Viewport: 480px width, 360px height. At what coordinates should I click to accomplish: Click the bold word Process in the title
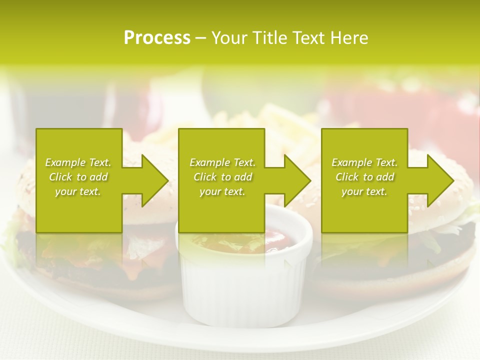coord(157,38)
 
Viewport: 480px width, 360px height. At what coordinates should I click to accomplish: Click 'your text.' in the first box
coord(78,191)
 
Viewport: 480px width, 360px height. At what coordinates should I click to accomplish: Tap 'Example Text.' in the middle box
coord(222,162)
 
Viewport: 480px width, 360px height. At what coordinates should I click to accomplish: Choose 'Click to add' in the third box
coord(365,177)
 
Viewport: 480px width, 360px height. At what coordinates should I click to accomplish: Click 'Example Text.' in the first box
coord(78,162)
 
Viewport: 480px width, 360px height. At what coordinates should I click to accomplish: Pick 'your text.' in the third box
coord(364,191)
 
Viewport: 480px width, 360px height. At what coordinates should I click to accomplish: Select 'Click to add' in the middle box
coord(222,177)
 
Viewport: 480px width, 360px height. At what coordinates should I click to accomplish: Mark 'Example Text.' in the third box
coord(364,162)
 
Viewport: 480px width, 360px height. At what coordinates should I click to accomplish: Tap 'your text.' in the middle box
coord(222,191)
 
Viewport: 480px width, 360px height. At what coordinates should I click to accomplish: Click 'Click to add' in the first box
coord(78,177)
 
